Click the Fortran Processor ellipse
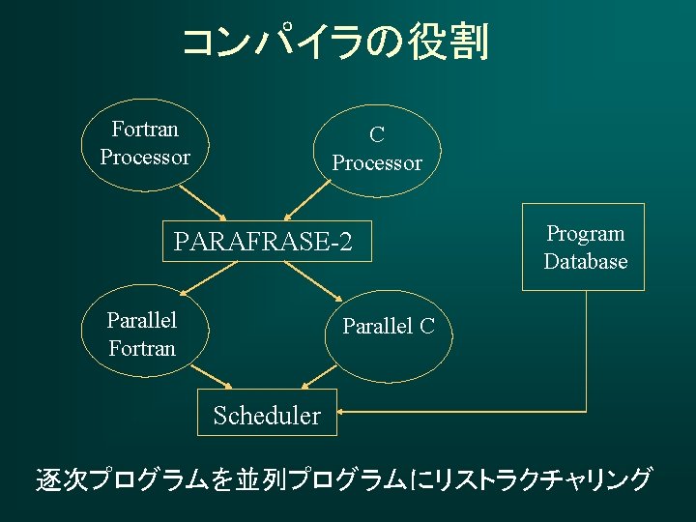point(145,142)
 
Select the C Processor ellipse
point(377,149)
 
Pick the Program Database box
point(583,247)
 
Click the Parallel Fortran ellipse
point(142,333)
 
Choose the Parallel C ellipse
point(390,327)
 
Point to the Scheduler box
point(266,416)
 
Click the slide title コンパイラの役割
point(334,43)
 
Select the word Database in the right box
point(585,262)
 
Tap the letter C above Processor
point(377,135)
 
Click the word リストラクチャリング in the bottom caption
point(541,478)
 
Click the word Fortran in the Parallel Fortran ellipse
point(142,348)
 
